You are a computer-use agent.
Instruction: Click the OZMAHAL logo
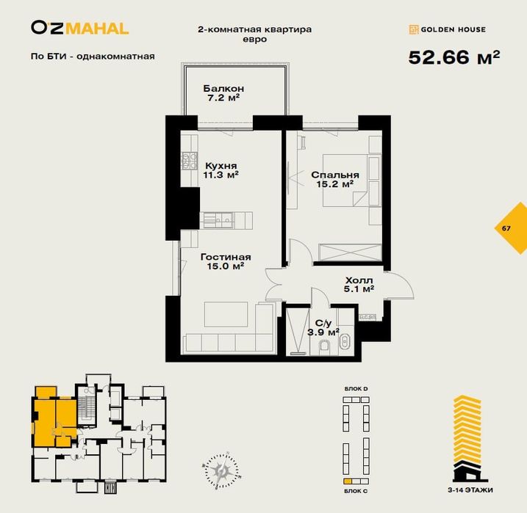click(x=79, y=29)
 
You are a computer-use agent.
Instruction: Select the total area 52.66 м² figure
click(x=453, y=57)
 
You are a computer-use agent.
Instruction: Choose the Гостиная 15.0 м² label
click(x=226, y=262)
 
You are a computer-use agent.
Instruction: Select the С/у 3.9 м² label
click(x=323, y=327)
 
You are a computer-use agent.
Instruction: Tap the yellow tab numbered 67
click(x=507, y=228)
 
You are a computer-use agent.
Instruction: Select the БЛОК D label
click(x=356, y=388)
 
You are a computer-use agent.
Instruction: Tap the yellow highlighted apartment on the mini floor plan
click(x=51, y=415)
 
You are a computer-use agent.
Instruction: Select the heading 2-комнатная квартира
click(x=255, y=29)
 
